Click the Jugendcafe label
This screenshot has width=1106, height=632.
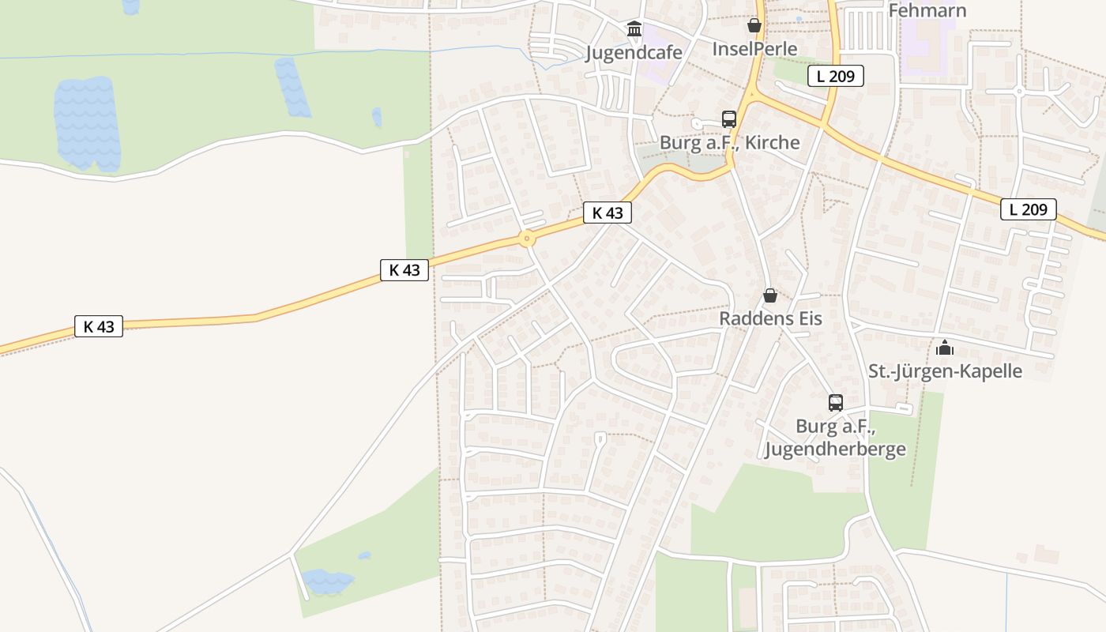(x=634, y=52)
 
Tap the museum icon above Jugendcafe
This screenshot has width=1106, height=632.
(x=634, y=30)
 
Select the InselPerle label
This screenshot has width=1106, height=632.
(x=754, y=48)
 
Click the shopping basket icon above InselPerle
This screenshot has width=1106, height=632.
(x=754, y=25)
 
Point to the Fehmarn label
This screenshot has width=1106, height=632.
(x=927, y=10)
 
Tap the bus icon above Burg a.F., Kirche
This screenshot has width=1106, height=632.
(x=728, y=119)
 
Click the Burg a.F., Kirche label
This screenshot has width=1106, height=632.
(x=730, y=142)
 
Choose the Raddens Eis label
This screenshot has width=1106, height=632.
(x=770, y=318)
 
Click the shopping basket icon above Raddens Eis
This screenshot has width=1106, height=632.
(x=770, y=295)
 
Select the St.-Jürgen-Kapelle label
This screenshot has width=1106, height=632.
(x=945, y=371)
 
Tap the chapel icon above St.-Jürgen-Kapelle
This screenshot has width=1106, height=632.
(x=945, y=348)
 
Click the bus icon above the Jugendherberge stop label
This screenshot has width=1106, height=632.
(x=836, y=403)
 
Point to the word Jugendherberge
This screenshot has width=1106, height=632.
(x=835, y=450)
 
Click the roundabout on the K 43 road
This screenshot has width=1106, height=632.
(x=527, y=238)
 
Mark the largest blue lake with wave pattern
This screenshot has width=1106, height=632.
(x=87, y=124)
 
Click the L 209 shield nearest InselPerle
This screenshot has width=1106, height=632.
(x=835, y=76)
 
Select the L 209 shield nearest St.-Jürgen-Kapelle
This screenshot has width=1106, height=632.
(x=1028, y=209)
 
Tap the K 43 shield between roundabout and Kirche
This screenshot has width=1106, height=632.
(x=608, y=213)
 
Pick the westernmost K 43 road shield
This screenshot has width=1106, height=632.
(x=99, y=326)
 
